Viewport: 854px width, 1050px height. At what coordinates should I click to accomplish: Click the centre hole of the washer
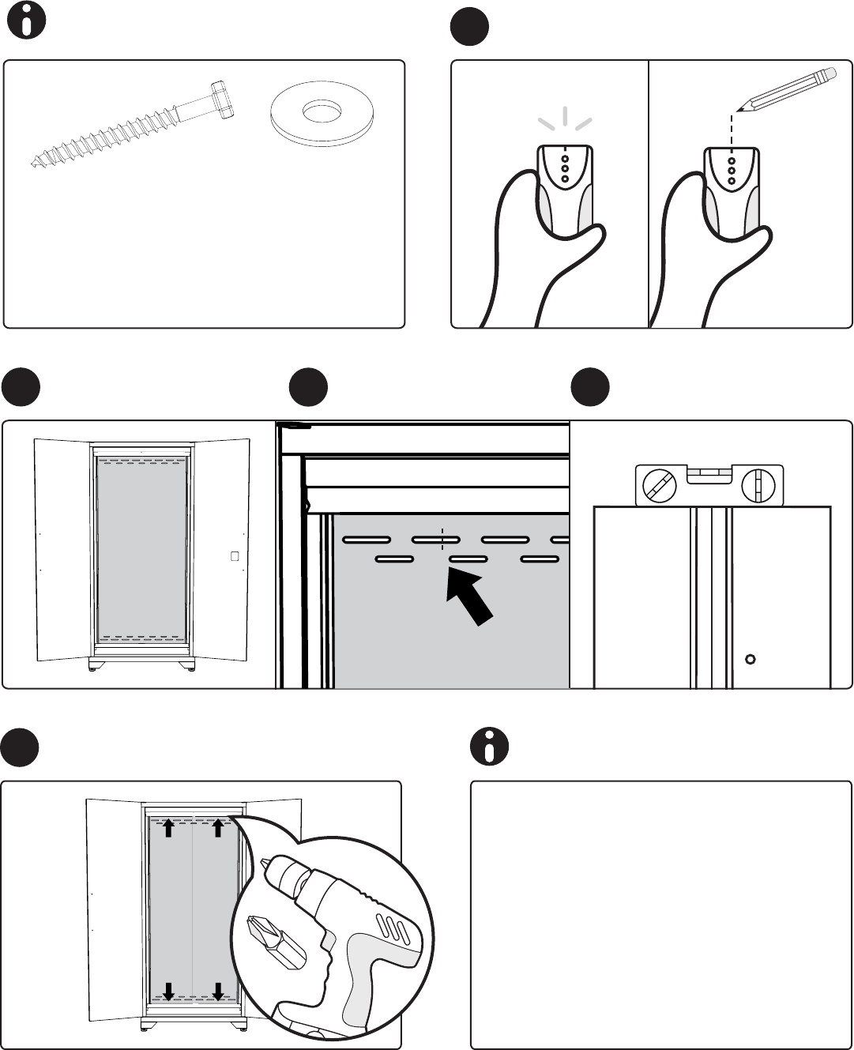(x=322, y=111)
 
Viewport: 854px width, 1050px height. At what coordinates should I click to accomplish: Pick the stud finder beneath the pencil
(x=732, y=190)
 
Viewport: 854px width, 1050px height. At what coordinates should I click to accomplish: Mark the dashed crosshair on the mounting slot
(x=442, y=540)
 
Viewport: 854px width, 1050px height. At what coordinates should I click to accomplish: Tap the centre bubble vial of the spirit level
(x=709, y=475)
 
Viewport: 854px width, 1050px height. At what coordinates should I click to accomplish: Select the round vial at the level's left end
(x=660, y=485)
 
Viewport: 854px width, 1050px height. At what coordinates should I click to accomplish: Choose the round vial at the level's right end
(x=760, y=485)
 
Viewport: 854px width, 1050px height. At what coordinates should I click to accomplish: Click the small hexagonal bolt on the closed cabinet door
(x=751, y=658)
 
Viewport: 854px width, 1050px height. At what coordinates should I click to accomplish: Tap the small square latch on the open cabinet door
(x=235, y=556)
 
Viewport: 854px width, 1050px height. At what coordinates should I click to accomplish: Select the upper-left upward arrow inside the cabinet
(x=169, y=828)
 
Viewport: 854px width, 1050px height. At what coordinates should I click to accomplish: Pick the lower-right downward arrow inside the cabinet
(x=218, y=990)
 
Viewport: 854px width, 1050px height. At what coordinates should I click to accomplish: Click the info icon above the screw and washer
(x=26, y=23)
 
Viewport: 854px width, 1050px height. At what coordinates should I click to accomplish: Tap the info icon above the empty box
(x=489, y=747)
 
